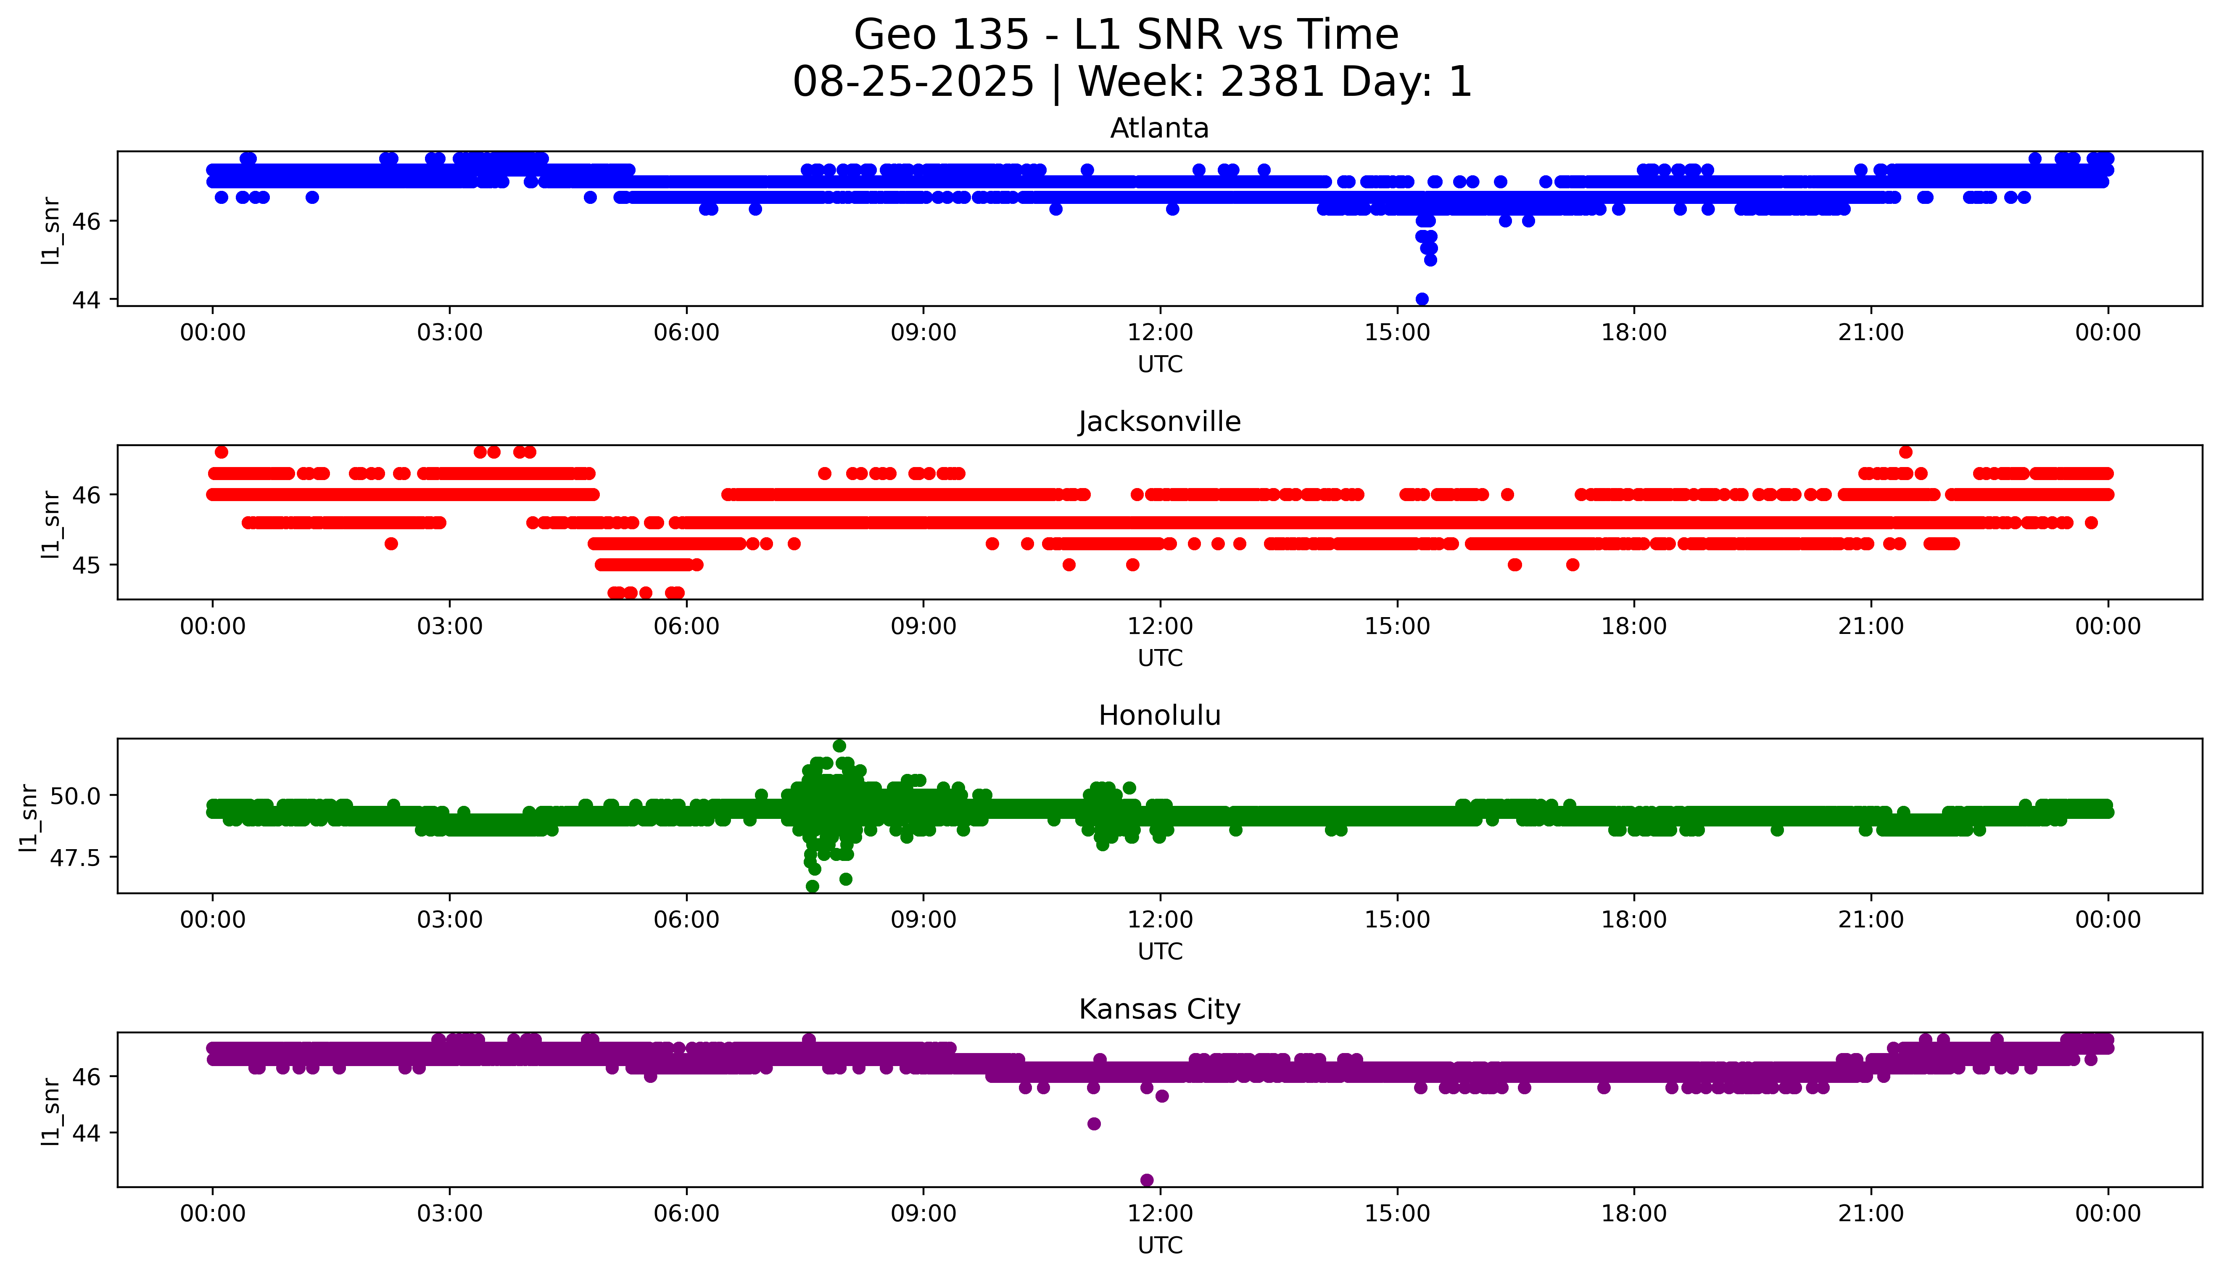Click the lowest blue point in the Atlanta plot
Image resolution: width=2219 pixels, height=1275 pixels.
tap(1422, 298)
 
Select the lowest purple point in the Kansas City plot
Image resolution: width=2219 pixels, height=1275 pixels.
tap(1147, 1180)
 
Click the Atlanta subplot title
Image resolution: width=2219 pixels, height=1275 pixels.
tap(1159, 129)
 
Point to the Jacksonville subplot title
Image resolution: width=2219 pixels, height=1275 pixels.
tap(1159, 422)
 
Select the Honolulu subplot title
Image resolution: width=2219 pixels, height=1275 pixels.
tap(1159, 715)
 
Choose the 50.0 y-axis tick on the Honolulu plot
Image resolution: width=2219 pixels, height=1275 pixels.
tap(76, 795)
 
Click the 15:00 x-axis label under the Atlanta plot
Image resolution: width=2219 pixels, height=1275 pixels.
tap(1397, 333)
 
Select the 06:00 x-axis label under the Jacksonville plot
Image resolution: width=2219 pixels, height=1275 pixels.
tap(686, 626)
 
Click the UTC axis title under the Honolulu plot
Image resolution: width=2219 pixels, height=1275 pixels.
tap(1160, 951)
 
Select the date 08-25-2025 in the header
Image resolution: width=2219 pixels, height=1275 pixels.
tap(913, 82)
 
